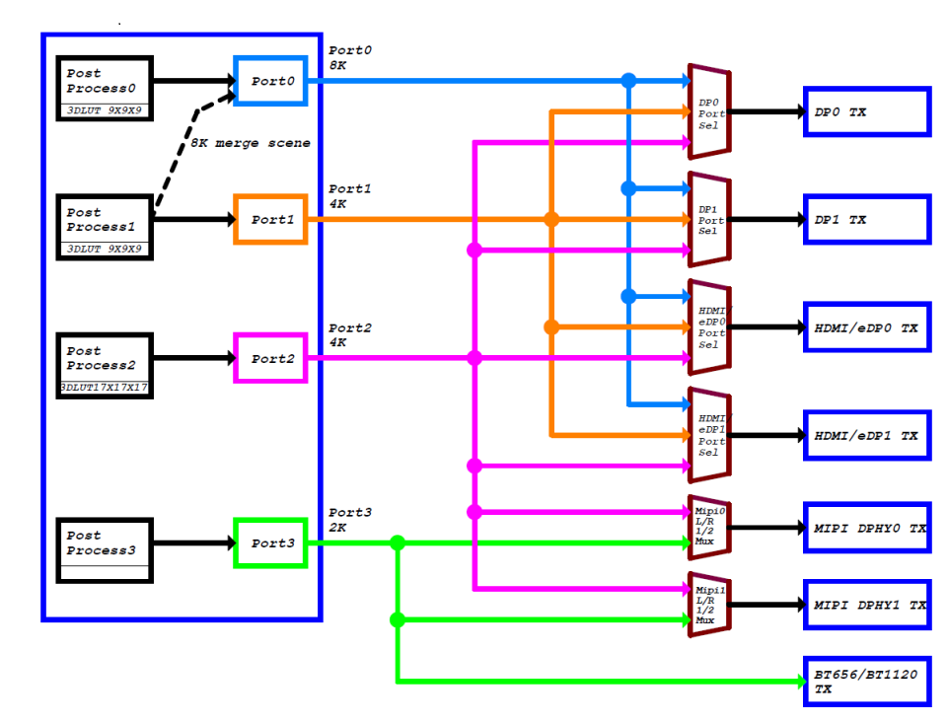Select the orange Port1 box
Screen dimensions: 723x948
(x=269, y=219)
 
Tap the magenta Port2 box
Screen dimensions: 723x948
(x=269, y=358)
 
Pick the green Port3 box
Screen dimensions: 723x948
(x=269, y=542)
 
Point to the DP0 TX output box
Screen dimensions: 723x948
(x=866, y=111)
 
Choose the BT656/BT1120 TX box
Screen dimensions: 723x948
(x=866, y=682)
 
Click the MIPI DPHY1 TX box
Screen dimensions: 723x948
(x=866, y=604)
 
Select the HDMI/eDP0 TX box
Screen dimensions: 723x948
(x=866, y=327)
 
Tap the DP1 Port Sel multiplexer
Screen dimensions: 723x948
(x=708, y=219)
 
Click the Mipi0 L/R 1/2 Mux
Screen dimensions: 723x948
(x=708, y=527)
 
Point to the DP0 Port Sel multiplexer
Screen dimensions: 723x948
(x=708, y=111)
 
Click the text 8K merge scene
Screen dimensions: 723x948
(x=251, y=143)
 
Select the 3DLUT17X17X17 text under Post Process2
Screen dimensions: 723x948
(x=104, y=388)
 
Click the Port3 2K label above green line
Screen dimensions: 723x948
(x=350, y=520)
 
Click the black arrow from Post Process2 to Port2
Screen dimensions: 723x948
(x=192, y=358)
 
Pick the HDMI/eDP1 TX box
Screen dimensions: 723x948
(x=866, y=435)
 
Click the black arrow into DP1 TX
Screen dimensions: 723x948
(x=767, y=219)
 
